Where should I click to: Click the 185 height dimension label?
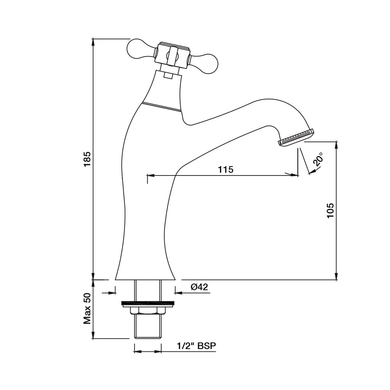(x=87, y=159)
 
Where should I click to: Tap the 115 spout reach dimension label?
(x=226, y=170)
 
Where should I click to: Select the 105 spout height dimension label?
(x=330, y=211)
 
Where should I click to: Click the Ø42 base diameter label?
(x=199, y=287)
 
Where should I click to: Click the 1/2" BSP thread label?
(x=196, y=346)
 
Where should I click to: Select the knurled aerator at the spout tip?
(x=296, y=138)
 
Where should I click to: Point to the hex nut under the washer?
(x=148, y=311)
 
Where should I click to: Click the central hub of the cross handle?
(x=172, y=56)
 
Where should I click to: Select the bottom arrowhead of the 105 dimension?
(x=337, y=276)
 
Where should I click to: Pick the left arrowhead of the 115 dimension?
(x=151, y=175)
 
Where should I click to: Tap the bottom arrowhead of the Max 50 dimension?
(x=93, y=335)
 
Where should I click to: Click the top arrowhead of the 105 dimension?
(x=337, y=146)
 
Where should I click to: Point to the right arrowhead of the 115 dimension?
(x=294, y=175)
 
